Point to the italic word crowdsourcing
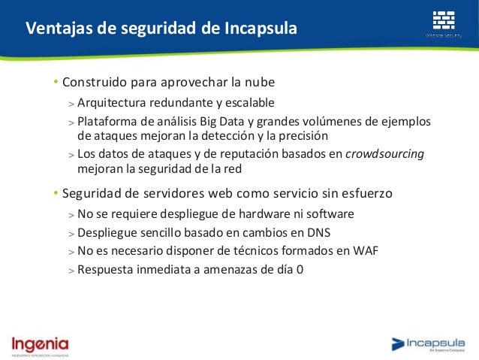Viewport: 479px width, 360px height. click(385, 154)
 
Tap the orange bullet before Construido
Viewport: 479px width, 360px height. click(55, 82)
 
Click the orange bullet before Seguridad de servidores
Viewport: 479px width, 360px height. click(55, 194)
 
